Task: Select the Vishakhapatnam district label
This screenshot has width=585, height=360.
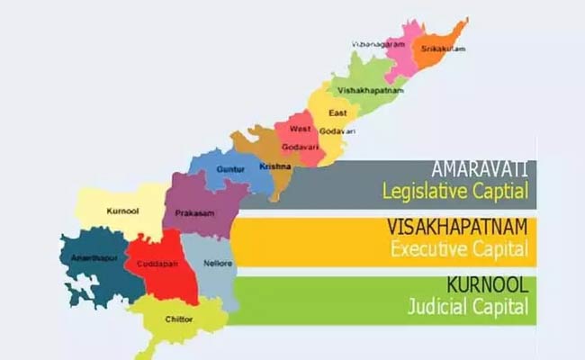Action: tap(371, 91)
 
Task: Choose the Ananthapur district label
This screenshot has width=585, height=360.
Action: tap(89, 259)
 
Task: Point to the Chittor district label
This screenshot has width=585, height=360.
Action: tap(179, 319)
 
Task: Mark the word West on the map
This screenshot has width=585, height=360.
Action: tap(301, 129)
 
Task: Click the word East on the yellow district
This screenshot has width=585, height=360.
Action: tap(337, 112)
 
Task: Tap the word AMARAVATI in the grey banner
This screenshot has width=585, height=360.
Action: tap(479, 169)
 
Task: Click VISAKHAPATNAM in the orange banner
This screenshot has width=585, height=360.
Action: tap(455, 226)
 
